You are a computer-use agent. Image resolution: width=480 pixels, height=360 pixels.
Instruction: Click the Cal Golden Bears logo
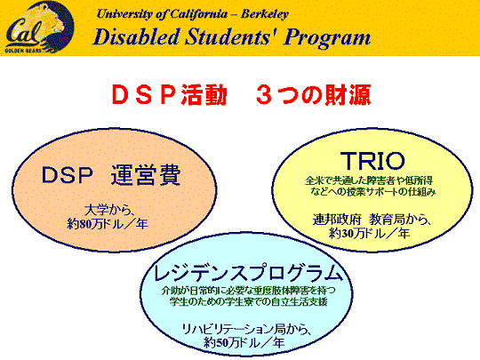coord(39,28)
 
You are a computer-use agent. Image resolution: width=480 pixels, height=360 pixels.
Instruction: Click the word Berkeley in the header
coord(265,14)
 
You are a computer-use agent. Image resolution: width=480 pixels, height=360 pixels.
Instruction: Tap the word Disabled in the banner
coord(136,36)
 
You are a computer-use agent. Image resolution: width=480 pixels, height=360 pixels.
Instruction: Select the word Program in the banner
coord(327,38)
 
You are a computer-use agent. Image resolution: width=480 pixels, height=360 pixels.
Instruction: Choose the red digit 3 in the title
coord(264,94)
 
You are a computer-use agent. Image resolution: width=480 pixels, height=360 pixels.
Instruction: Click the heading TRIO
coord(372,161)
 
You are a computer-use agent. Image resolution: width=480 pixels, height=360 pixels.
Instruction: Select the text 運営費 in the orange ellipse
coord(146,175)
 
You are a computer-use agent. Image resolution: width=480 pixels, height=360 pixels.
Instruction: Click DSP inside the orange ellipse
coord(67,175)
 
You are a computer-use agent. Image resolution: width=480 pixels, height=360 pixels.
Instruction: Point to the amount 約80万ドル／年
coord(108,224)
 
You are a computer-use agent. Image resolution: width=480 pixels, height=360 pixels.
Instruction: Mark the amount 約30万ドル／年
coord(369,234)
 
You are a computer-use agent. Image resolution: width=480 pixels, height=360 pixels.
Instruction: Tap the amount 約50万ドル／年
coord(244,342)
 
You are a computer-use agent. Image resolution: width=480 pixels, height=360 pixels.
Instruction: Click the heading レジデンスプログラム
coord(247,273)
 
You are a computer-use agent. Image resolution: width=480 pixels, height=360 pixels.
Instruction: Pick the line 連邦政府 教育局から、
coord(372,220)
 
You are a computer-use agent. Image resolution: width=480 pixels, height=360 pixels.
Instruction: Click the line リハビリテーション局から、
coord(246,329)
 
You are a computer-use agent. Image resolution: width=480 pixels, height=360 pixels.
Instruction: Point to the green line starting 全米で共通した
coord(369,180)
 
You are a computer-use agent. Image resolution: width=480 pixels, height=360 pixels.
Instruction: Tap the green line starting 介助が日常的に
coord(249,290)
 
